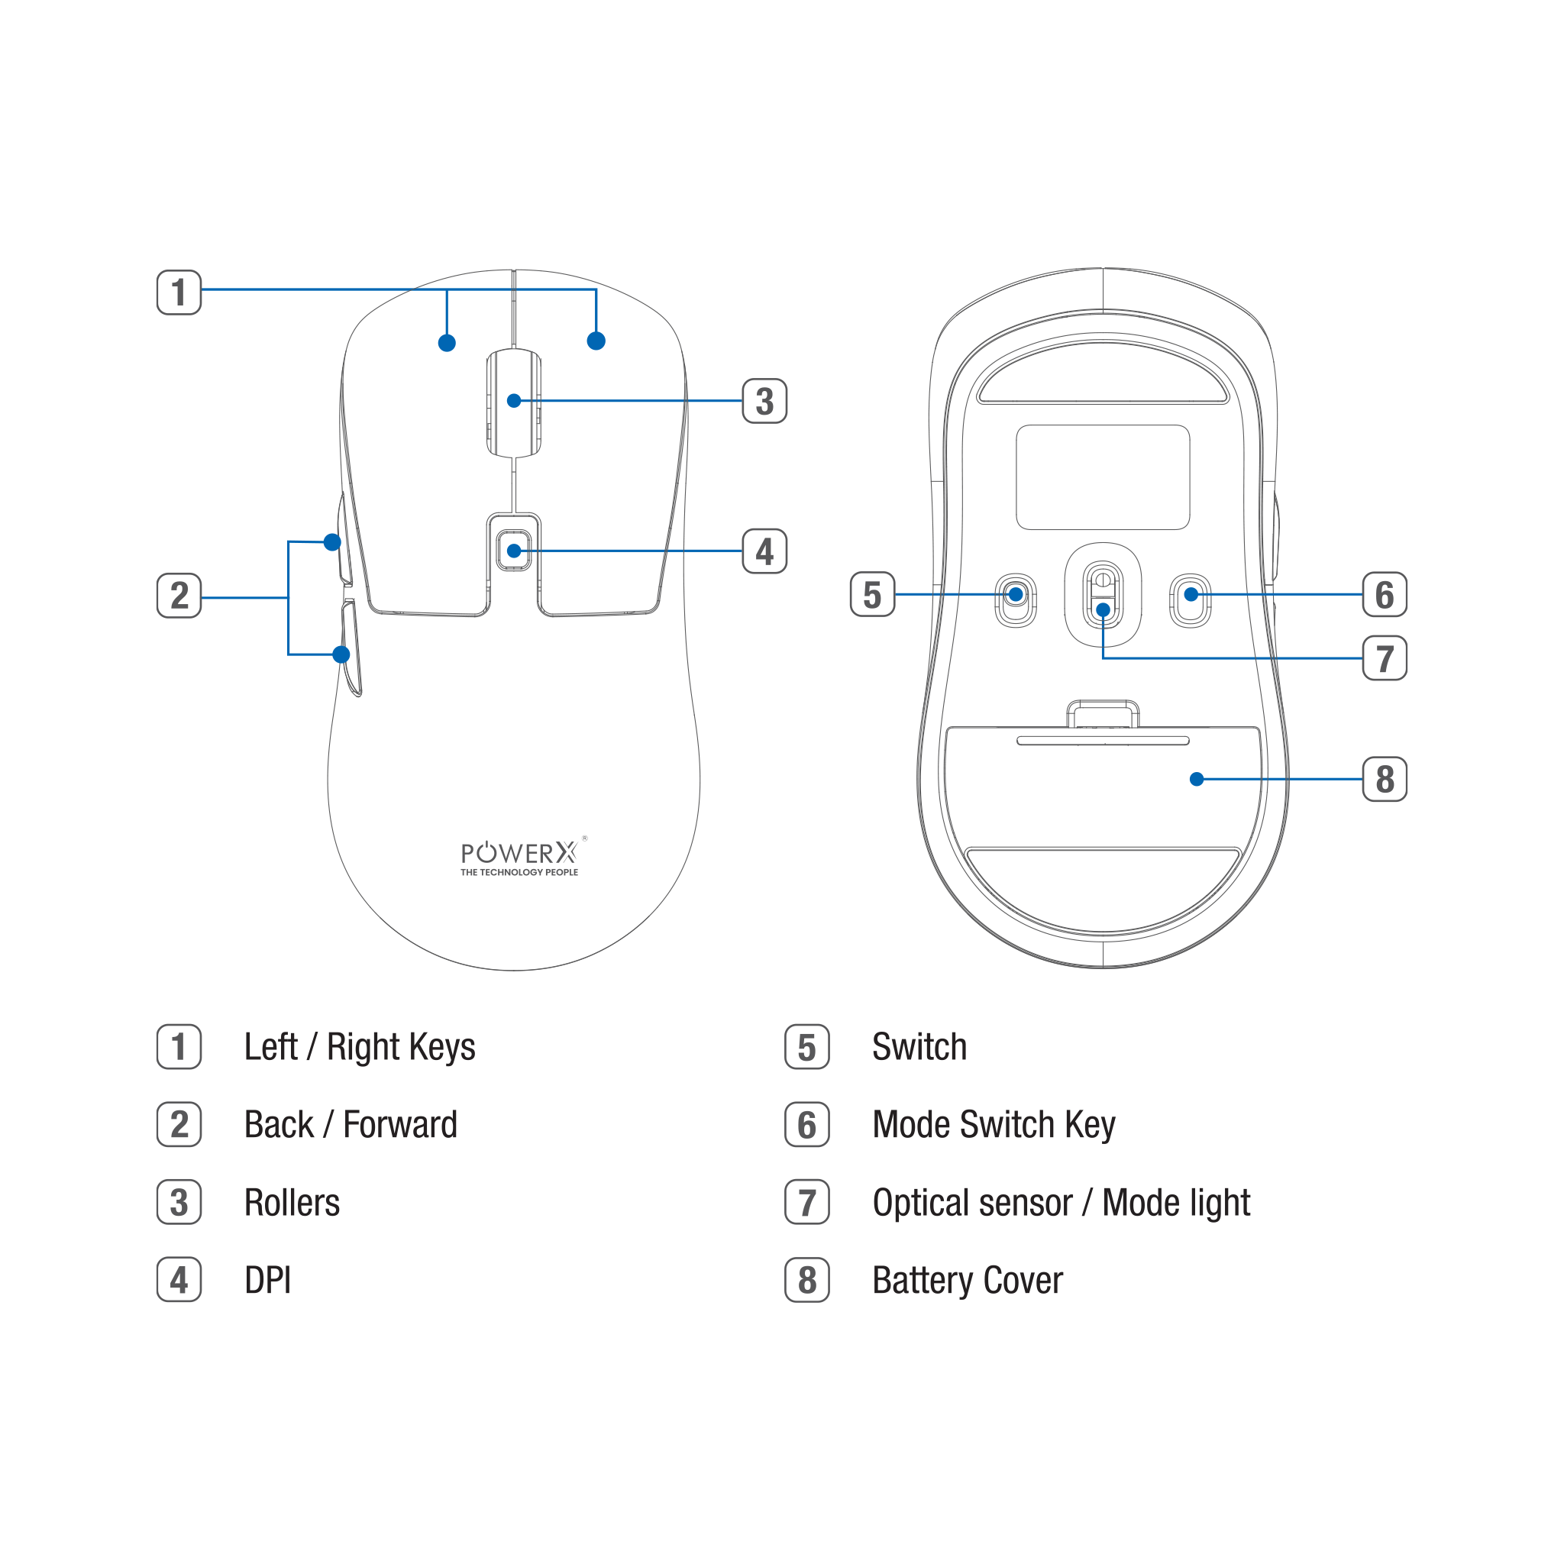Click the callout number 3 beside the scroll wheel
(764, 401)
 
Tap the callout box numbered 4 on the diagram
(764, 551)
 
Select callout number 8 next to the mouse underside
(1385, 779)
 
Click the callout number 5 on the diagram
(872, 594)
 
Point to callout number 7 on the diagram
(1385, 658)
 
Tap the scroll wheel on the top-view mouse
(514, 402)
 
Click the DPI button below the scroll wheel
(514, 551)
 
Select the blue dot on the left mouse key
(447, 343)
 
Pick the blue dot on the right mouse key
(596, 341)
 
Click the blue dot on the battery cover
(1197, 779)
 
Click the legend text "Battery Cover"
(968, 1280)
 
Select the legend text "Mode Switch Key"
(994, 1124)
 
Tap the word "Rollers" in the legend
(292, 1202)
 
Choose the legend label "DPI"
(267, 1280)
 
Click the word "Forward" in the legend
(400, 1124)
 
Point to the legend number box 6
(806, 1124)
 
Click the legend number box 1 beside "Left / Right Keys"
(179, 1047)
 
